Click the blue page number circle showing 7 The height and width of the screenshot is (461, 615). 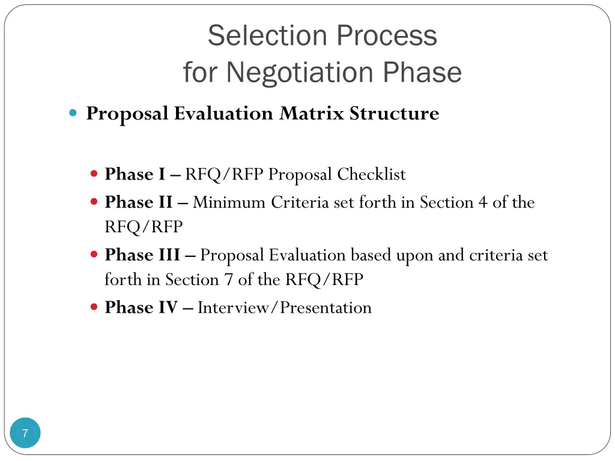point(25,433)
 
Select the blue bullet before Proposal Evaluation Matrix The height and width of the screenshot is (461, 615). point(73,112)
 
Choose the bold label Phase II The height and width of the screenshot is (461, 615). point(138,202)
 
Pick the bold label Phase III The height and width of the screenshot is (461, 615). point(142,255)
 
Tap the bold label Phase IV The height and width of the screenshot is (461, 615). point(141,308)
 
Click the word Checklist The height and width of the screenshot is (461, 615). point(371,175)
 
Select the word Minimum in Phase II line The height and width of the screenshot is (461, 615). point(229,202)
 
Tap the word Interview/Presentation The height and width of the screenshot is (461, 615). point(285,308)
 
